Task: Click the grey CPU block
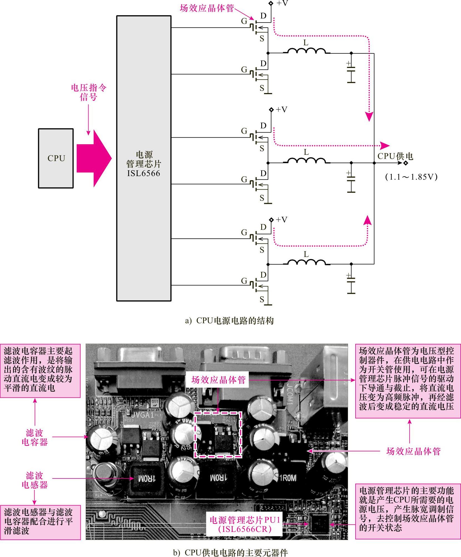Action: point(56,158)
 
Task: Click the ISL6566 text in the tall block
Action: point(144,173)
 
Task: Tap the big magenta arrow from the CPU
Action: point(94,158)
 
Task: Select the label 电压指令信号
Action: point(89,92)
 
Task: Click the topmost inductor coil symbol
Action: point(306,51)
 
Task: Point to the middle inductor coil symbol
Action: point(306,161)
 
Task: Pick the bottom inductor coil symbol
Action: point(306,262)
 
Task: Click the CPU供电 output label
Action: point(395,156)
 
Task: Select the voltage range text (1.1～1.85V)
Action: point(411,177)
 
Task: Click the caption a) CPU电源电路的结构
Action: point(230,321)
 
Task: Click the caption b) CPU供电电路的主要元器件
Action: point(230,553)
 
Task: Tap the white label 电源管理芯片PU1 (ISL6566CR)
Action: point(245,525)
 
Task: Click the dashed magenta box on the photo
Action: point(218,435)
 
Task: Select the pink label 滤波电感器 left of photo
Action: point(35,480)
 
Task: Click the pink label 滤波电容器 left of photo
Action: point(35,437)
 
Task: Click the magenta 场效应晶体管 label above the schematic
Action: point(207,8)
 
